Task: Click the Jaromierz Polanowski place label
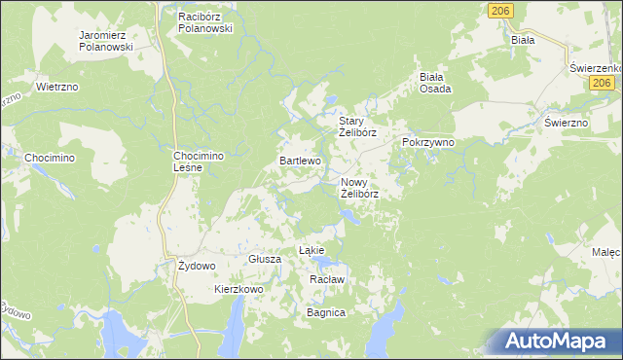click(106, 41)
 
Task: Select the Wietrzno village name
click(57, 87)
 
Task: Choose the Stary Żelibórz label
click(356, 126)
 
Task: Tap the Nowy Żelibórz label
click(359, 187)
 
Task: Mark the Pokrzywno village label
click(428, 142)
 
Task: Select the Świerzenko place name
click(597, 67)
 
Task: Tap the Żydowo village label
click(197, 266)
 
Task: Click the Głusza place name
click(265, 260)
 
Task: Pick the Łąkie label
click(311, 250)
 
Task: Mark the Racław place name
click(327, 279)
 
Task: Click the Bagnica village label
click(326, 313)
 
